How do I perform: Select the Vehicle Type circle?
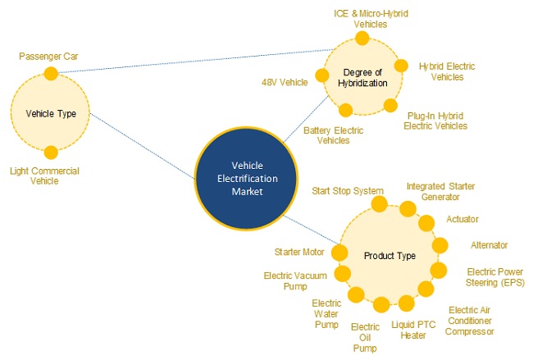pos(51,113)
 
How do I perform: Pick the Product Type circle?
pos(389,256)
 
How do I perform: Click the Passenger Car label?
pos(50,57)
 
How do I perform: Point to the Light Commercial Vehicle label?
pos(44,175)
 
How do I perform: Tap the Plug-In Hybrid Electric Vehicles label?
pos(437,121)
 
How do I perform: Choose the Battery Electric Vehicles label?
pos(332,135)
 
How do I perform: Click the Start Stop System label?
pos(348,191)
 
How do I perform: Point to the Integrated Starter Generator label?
pos(440,192)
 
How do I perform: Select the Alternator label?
pos(490,245)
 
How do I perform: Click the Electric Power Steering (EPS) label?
pos(495,276)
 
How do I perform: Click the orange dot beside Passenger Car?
pos(51,74)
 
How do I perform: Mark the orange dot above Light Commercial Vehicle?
pos(51,152)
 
